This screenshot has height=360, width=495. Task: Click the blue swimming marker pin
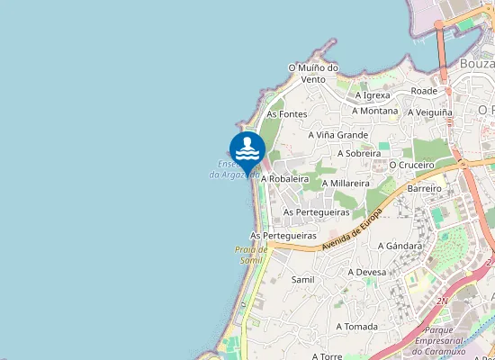[247, 148]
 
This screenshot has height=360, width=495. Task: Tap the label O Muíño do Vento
[313, 73]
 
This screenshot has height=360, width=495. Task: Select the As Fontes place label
[287, 114]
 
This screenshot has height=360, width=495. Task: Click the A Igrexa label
[373, 94]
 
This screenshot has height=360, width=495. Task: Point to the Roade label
[423, 91]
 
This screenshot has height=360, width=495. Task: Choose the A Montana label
[374, 111]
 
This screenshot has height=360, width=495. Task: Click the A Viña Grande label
[338, 135]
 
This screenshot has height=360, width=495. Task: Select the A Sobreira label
[361, 154]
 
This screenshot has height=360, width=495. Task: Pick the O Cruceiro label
[411, 166]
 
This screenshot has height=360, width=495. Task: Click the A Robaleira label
[285, 179]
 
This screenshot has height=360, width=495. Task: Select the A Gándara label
[400, 245]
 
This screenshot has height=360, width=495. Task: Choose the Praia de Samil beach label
[251, 255]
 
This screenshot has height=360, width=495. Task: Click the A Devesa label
[367, 272]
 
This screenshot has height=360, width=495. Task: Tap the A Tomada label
[356, 327]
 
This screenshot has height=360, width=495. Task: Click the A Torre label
[326, 355]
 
